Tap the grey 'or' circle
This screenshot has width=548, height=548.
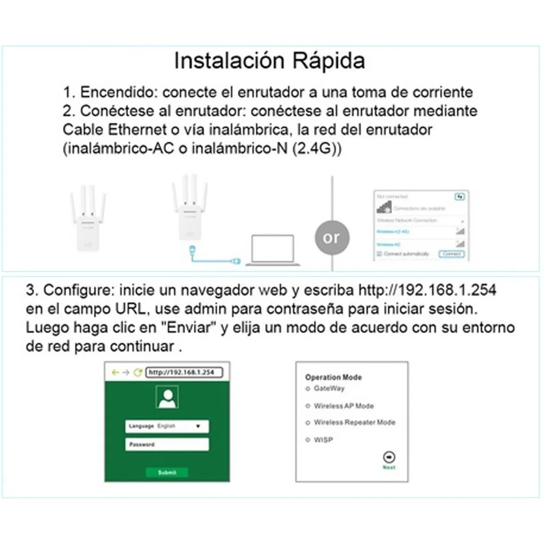point(331,237)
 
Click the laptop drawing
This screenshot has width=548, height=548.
point(273,250)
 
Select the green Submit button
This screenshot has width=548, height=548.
point(167,472)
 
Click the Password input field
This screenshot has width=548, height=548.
point(167,444)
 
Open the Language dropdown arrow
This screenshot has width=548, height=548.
point(198,426)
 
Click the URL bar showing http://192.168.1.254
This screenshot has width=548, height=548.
point(184,372)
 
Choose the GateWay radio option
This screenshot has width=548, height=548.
point(308,389)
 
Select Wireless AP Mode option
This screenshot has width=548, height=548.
point(308,406)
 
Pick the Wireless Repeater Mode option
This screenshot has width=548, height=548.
point(308,423)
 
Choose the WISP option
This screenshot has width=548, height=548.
point(308,440)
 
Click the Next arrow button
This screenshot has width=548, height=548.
point(389,457)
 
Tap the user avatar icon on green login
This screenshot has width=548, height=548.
point(167,396)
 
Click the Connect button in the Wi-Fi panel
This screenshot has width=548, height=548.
point(451,254)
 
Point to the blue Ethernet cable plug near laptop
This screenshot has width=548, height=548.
point(236,261)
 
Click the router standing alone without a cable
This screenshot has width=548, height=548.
point(88,219)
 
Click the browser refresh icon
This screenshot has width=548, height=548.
point(137,373)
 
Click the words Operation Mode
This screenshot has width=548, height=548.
point(333,377)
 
